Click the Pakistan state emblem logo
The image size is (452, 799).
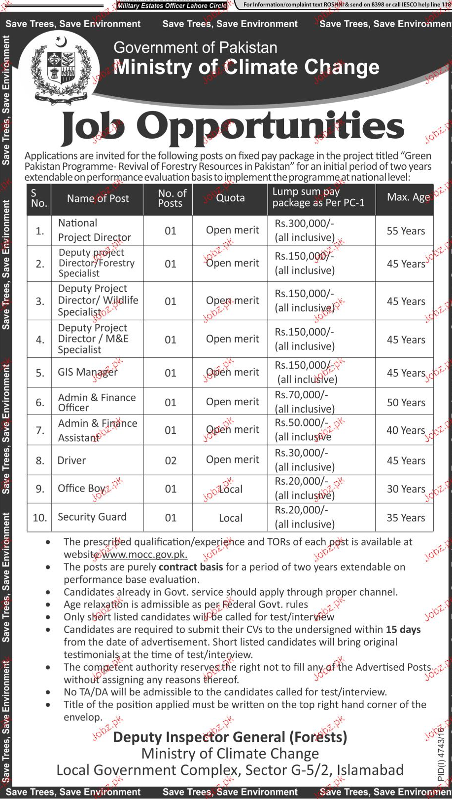pyautogui.click(x=60, y=69)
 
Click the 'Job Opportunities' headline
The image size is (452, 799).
pyautogui.click(x=233, y=127)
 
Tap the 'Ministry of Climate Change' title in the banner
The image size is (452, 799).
pyautogui.click(x=246, y=67)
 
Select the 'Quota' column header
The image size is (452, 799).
pyautogui.click(x=230, y=198)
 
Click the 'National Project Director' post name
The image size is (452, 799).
pyautogui.click(x=94, y=230)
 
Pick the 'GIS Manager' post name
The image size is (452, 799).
pyautogui.click(x=88, y=372)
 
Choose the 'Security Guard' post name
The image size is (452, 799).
pyautogui.click(x=92, y=517)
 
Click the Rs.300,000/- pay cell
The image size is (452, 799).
pyautogui.click(x=304, y=230)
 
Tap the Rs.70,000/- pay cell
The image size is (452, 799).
pyautogui.click(x=304, y=402)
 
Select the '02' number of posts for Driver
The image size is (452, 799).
pyautogui.click(x=171, y=460)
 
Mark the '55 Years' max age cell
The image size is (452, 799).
pyautogui.click(x=406, y=231)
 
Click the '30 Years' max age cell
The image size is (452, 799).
pyautogui.click(x=406, y=489)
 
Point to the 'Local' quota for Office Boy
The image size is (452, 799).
pyautogui.click(x=230, y=489)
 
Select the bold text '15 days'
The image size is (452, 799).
pyautogui.click(x=403, y=630)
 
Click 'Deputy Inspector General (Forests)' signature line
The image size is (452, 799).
pyautogui.click(x=230, y=737)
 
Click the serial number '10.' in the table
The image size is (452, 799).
pyautogui.click(x=40, y=518)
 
